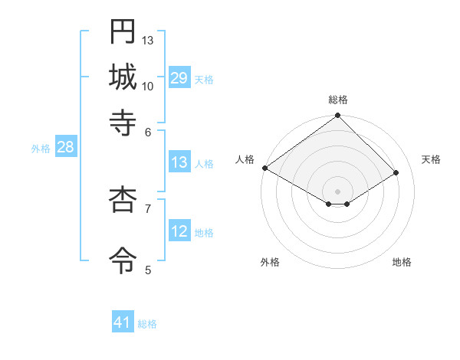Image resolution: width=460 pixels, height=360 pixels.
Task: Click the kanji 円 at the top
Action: click(123, 31)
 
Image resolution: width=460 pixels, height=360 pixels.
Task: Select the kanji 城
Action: click(123, 77)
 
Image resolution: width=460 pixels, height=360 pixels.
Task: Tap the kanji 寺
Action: click(123, 122)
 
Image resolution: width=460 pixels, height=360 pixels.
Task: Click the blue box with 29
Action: click(179, 78)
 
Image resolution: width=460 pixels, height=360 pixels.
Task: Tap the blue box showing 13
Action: click(179, 162)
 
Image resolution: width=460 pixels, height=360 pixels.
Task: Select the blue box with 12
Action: click(179, 231)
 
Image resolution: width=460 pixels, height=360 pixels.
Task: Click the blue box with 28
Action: click(65, 148)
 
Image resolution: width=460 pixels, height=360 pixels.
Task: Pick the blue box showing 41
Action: click(123, 322)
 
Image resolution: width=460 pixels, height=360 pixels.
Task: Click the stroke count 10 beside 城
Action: click(148, 86)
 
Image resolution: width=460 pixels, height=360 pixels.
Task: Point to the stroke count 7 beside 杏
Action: click(148, 208)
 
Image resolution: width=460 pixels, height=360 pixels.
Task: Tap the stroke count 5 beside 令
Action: click(148, 269)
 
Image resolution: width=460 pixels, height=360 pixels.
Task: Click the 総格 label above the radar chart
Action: click(337, 100)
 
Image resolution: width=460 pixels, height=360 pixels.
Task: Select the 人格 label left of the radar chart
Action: click(245, 159)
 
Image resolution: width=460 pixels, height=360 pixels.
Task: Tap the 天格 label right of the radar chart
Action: click(431, 159)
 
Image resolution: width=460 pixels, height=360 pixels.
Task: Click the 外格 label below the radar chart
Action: click(270, 262)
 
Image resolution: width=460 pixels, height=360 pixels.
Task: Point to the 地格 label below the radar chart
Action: click(402, 262)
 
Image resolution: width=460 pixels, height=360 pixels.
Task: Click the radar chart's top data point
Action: click(337, 116)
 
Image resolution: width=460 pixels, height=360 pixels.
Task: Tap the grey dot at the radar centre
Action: click(337, 190)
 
